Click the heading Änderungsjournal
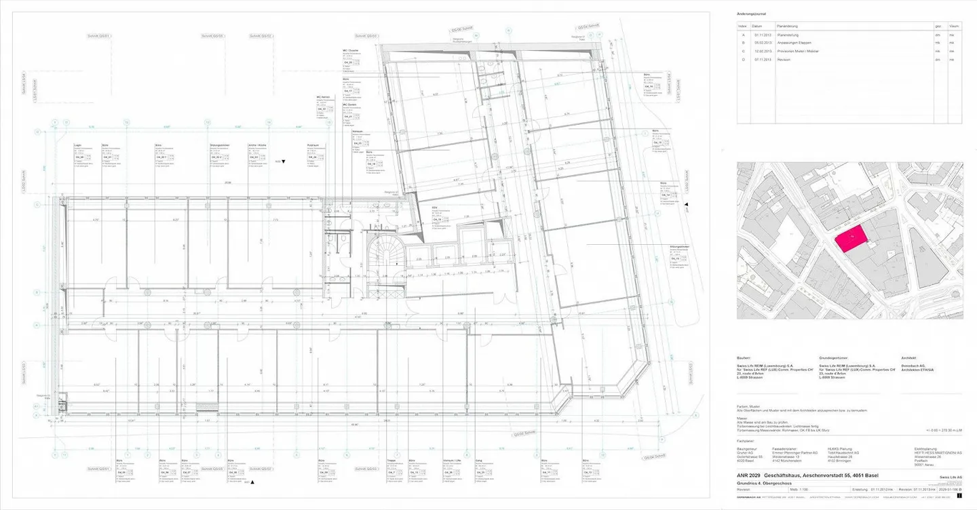pyautogui.click(x=751, y=14)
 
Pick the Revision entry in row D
pyautogui.click(x=784, y=60)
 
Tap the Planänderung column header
pyautogui.click(x=788, y=26)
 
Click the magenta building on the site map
pyautogui.click(x=851, y=239)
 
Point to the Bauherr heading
pyautogui.click(x=744, y=357)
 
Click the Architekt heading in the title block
pyautogui.click(x=909, y=357)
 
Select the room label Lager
pyautogui.click(x=77, y=144)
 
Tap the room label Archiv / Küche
pyautogui.click(x=256, y=144)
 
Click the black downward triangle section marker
pyautogui.click(x=284, y=161)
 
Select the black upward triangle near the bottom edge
pyautogui.click(x=252, y=482)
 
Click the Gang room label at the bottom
pyautogui.click(x=478, y=460)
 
